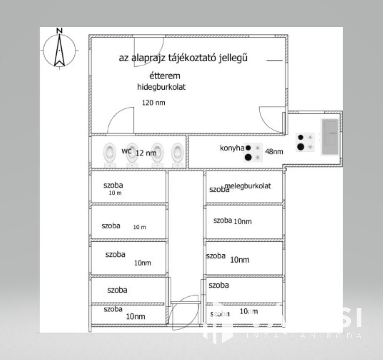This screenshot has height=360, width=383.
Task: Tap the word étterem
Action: coord(165,76)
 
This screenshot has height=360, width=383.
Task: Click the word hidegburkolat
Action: coord(161,87)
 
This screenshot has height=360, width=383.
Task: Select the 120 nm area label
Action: coord(154,103)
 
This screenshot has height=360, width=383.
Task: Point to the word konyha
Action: coord(232,148)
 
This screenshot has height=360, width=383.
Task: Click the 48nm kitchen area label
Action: coord(274,151)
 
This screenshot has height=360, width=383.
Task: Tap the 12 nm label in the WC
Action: coord(146,153)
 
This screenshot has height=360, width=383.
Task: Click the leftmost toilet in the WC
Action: coord(110,154)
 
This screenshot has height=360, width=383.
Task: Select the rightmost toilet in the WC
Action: coord(177,154)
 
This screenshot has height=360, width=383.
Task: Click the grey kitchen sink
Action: coord(330,136)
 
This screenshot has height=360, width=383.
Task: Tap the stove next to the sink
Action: coord(305,142)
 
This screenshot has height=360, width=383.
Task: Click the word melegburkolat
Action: coord(248,186)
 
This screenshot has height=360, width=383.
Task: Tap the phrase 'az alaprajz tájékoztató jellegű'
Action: coord(183,58)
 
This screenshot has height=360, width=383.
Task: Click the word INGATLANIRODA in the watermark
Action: coord(304,335)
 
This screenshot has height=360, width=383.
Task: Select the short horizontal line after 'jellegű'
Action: coord(274,61)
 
